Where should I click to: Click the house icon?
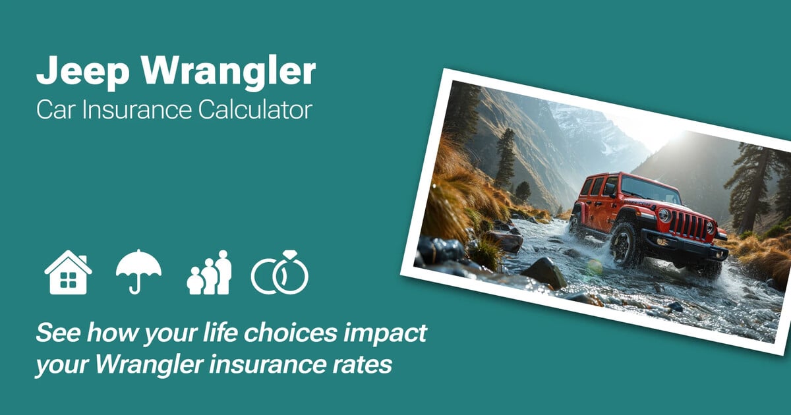click(x=68, y=272)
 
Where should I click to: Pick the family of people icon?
click(x=209, y=272)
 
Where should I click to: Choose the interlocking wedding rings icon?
click(x=279, y=272)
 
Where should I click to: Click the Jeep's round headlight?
click(x=664, y=215)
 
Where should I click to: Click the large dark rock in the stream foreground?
click(x=544, y=273)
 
